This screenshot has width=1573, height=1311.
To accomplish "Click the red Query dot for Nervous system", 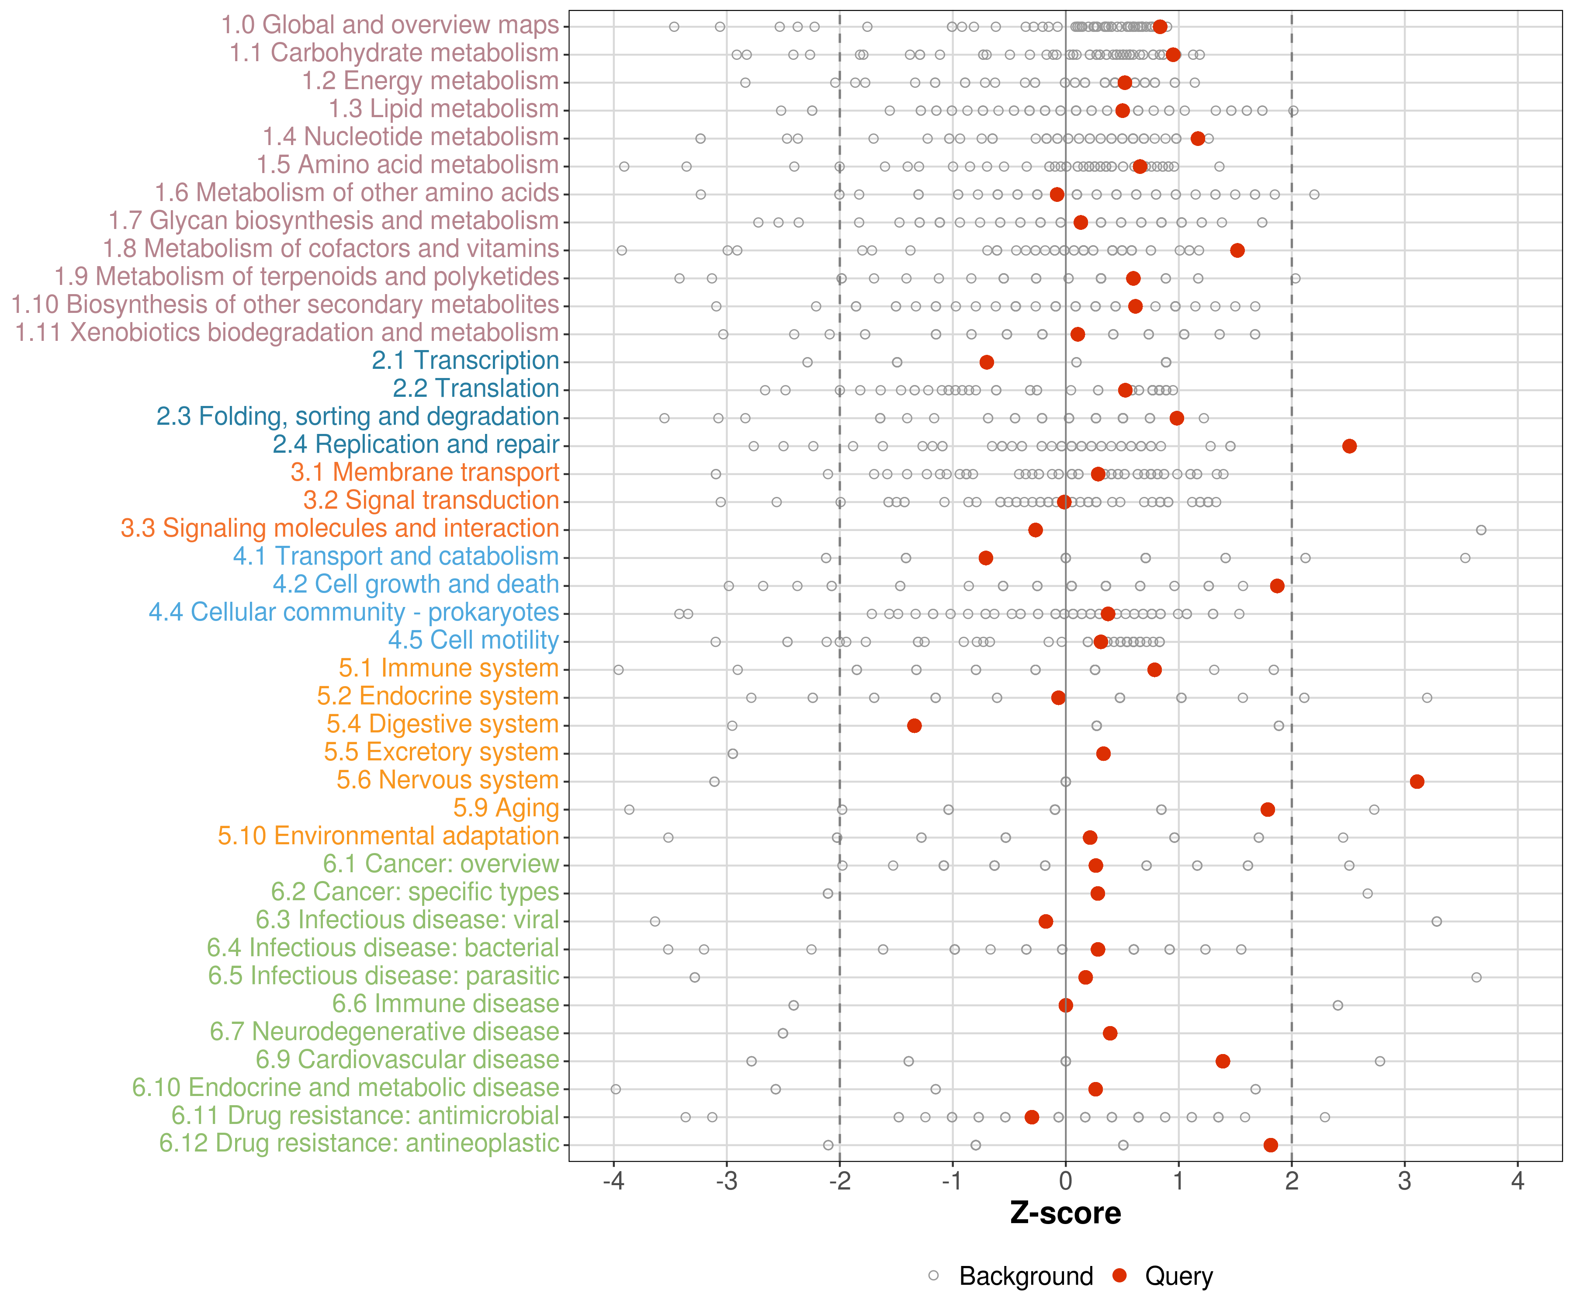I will coord(1417,781).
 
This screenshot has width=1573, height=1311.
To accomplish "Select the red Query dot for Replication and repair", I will coord(1349,446).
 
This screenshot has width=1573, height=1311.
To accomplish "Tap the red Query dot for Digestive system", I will coord(914,725).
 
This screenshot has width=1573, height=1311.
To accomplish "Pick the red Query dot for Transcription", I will coord(987,362).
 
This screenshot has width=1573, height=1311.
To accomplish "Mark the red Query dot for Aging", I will coord(1268,809).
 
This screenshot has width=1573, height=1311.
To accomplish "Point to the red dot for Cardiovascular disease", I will coord(1223,1061).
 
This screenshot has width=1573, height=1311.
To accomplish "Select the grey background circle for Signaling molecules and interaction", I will coord(1481,530).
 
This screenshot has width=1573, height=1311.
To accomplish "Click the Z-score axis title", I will coord(1065,1213).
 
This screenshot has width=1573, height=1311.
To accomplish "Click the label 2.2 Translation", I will coord(476,388).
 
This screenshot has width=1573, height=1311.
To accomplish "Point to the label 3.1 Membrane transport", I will coord(425,472).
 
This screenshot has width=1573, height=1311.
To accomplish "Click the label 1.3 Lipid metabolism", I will coord(443,109).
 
